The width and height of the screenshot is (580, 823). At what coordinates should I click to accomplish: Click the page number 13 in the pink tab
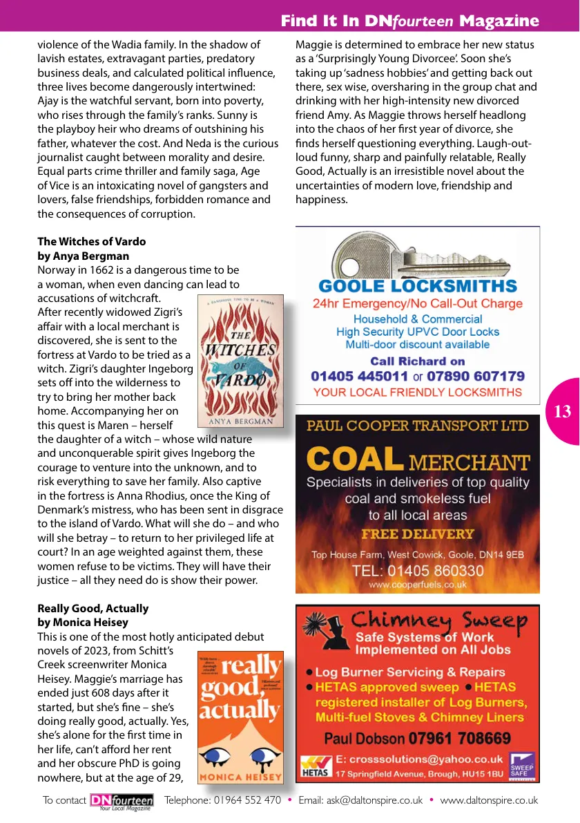click(x=563, y=412)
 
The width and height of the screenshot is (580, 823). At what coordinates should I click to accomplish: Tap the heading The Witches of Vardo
click(x=92, y=242)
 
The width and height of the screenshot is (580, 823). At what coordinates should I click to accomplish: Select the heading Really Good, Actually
click(x=93, y=609)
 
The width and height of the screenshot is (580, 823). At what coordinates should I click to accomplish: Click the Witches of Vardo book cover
click(x=240, y=361)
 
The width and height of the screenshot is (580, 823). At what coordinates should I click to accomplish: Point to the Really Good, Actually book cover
click(x=240, y=717)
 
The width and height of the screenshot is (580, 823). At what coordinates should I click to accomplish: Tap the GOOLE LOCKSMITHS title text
click(x=418, y=286)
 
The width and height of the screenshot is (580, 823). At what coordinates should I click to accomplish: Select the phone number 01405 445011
click(x=359, y=377)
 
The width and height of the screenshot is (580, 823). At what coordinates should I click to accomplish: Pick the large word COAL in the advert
click(x=354, y=460)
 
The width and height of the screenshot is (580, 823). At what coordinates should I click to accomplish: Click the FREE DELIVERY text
click(x=418, y=534)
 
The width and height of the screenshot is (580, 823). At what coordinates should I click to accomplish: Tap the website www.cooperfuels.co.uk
click(x=418, y=585)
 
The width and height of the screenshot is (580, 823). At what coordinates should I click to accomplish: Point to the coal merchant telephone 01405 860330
click(x=418, y=571)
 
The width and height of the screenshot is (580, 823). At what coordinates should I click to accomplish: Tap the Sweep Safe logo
click(x=521, y=766)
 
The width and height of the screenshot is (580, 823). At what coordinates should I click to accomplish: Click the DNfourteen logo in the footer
click(x=122, y=801)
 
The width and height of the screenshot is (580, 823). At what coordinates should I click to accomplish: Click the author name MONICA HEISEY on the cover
click(x=240, y=777)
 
